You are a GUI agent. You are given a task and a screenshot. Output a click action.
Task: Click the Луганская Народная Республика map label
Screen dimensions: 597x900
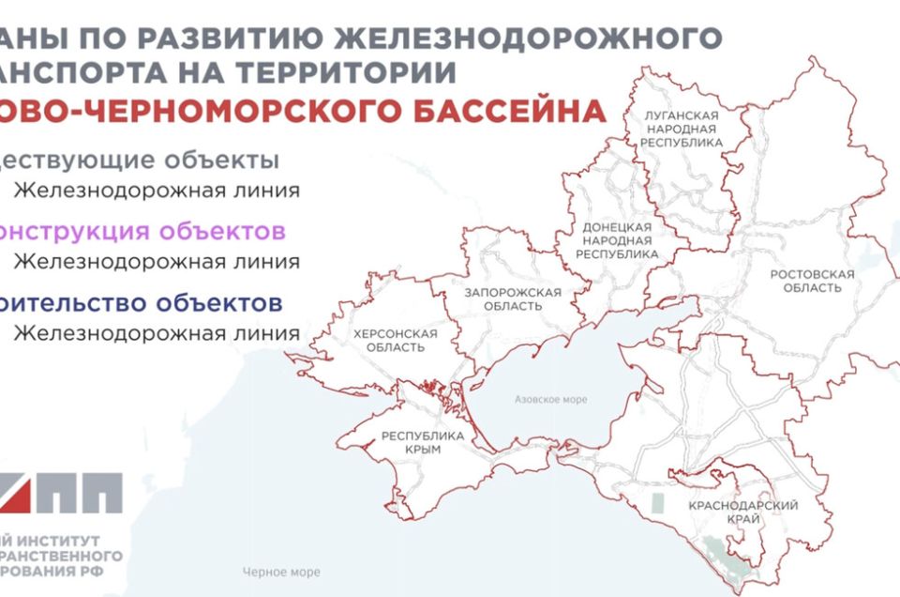(682, 129)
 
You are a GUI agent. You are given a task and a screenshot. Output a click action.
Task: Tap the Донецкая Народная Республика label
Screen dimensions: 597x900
(616, 240)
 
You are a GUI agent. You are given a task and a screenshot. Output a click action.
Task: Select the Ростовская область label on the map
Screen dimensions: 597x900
(812, 280)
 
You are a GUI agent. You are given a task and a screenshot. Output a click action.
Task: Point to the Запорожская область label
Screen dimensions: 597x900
(513, 298)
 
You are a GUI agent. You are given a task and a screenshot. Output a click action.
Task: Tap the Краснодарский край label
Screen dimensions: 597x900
(742, 513)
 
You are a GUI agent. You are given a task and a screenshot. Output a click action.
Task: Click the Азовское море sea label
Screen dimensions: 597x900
(550, 400)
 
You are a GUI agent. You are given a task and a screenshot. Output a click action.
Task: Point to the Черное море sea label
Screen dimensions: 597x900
(280, 573)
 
